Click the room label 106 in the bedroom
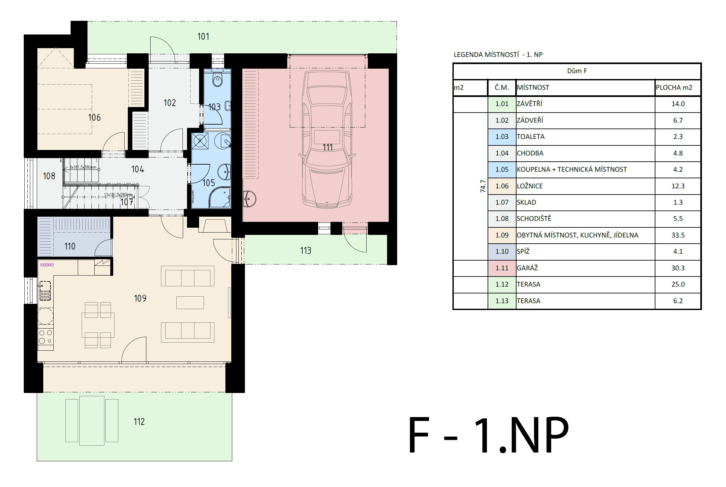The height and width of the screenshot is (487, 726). (94, 117)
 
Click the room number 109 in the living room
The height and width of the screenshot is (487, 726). (140, 298)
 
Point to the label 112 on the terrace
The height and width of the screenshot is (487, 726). (139, 422)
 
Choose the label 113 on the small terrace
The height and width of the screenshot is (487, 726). (305, 250)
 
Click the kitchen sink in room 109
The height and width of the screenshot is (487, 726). (45, 291)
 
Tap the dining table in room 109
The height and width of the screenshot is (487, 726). (98, 325)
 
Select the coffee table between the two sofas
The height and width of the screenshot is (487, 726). (190, 302)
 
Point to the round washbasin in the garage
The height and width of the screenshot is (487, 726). (249, 198)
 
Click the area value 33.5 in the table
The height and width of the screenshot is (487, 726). (678, 235)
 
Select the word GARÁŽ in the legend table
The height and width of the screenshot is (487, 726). (527, 268)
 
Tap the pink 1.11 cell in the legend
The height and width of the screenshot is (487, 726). (502, 268)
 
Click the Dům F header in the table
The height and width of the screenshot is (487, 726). (577, 71)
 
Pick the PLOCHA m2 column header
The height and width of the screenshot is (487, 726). (674, 88)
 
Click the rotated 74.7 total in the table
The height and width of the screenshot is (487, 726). (483, 186)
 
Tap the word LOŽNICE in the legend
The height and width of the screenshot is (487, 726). (530, 186)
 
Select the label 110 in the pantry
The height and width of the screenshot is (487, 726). (70, 246)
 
